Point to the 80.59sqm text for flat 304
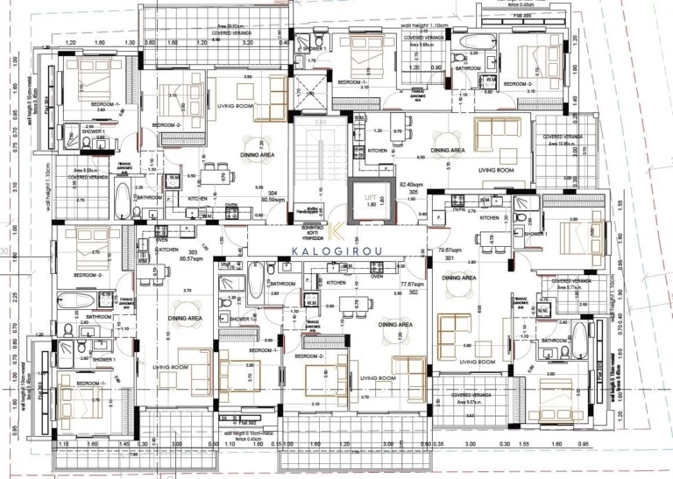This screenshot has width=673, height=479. coord(278,198)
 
